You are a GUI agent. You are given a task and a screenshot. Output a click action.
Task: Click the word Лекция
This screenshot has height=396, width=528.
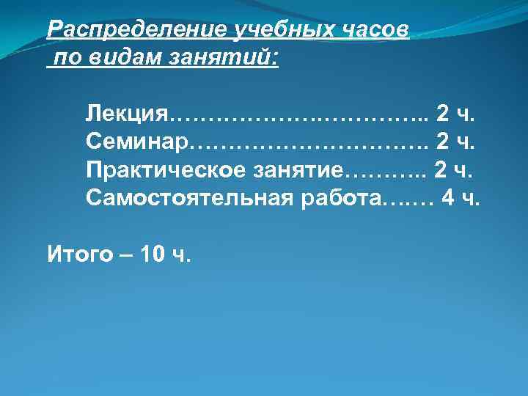pos(127,115)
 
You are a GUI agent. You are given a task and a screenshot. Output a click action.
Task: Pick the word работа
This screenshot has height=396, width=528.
pos(341,198)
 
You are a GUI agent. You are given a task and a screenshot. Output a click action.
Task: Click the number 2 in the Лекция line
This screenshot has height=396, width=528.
pos(443,115)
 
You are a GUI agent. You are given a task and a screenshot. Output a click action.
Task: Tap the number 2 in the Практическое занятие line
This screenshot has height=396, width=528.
pos(440,171)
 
